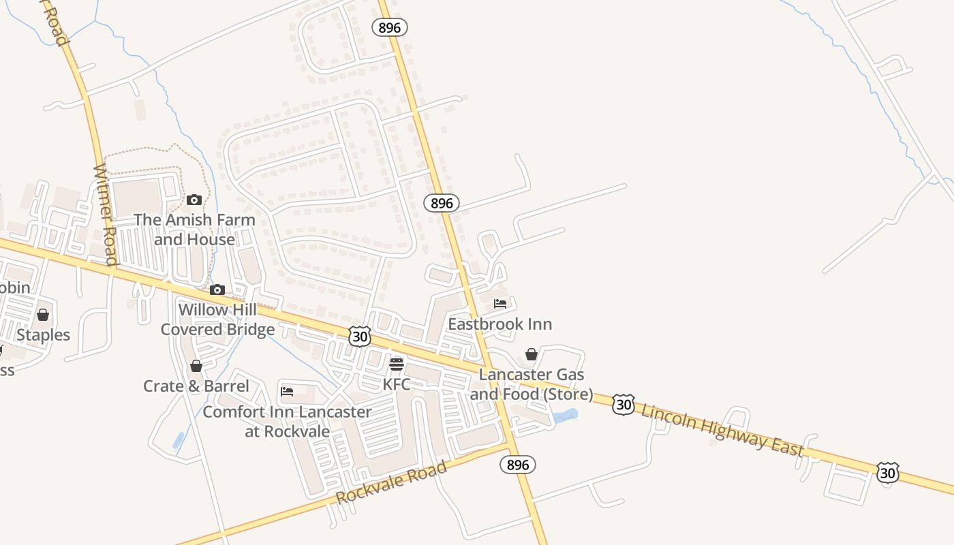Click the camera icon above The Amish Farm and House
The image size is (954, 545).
point(194,200)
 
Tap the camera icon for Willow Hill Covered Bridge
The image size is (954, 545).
point(217,290)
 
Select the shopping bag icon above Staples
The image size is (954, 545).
point(43,315)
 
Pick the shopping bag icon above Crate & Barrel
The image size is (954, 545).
point(196,367)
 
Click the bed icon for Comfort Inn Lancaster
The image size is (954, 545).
point(287,392)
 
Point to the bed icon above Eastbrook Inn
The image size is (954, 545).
point(500,304)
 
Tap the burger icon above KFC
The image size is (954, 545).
point(397,364)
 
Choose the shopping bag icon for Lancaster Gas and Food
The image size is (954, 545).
point(532,355)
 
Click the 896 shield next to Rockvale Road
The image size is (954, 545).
point(518,465)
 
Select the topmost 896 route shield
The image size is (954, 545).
point(390,27)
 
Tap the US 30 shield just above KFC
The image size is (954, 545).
point(360,335)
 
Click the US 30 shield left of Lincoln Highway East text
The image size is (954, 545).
point(623,404)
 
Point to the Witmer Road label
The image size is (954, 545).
point(106,215)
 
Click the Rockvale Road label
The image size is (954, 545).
point(392,482)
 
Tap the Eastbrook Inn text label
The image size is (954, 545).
point(500,324)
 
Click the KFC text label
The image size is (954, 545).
point(397,384)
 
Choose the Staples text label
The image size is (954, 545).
point(44,335)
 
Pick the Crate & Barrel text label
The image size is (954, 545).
point(196,386)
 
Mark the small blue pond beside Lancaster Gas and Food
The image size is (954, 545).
point(566,416)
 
